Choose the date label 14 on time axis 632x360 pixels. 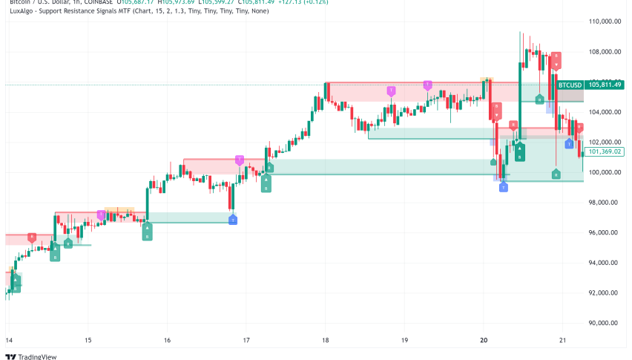click(x=8, y=340)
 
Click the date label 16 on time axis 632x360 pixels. click(x=167, y=340)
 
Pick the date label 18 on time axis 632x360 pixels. click(x=325, y=340)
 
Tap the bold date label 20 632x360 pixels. click(x=484, y=340)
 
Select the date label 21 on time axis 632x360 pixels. click(x=562, y=340)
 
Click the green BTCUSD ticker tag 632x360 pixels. click(x=569, y=85)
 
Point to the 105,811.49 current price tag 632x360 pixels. click(x=604, y=85)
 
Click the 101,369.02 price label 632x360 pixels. click(x=604, y=151)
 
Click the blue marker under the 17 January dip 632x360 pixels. click(x=233, y=220)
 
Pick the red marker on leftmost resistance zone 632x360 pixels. click(x=32, y=237)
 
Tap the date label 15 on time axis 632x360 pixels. click(x=88, y=340)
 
